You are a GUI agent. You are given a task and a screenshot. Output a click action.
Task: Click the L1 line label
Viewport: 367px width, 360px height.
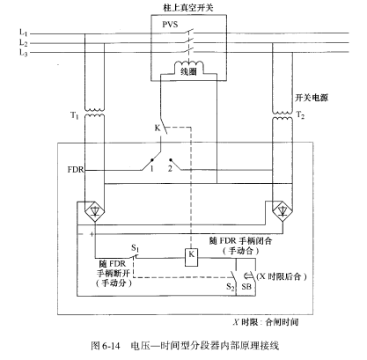point(23,32)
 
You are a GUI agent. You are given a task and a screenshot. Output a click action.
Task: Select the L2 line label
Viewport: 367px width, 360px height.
point(23,43)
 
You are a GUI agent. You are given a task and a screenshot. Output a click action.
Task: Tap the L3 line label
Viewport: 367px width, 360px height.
point(23,53)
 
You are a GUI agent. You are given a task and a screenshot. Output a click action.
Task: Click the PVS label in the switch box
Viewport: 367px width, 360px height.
point(170,24)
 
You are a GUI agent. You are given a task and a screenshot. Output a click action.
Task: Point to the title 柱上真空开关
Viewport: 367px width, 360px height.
point(188,8)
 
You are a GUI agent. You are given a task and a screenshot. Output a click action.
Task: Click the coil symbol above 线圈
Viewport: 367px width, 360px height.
point(188,64)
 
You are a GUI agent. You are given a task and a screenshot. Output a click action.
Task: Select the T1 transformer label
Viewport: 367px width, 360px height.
point(75,115)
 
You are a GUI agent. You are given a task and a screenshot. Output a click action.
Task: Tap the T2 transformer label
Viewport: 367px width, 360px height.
point(300,114)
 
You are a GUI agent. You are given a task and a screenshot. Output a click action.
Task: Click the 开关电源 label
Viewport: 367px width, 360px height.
point(312,98)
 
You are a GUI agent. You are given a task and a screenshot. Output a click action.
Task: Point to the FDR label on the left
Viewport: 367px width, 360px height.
point(76,170)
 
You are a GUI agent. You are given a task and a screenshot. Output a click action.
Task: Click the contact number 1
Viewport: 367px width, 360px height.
point(151,169)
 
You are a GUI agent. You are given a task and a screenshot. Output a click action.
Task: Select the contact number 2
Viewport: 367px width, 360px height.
point(170,169)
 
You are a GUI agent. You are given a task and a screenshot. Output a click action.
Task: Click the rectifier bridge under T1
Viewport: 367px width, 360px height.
point(94,211)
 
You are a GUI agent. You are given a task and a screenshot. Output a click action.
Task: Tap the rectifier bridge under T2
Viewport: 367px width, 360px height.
point(283,211)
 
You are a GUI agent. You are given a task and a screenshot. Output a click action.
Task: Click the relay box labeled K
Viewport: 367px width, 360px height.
point(191,258)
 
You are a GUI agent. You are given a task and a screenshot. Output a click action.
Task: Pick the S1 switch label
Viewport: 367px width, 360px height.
point(135,248)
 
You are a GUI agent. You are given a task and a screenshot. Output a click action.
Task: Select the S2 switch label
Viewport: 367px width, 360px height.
point(231,287)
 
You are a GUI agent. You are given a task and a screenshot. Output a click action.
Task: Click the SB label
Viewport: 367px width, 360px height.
point(246,286)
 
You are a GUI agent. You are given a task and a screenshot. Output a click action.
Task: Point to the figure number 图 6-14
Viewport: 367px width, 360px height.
point(106,346)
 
